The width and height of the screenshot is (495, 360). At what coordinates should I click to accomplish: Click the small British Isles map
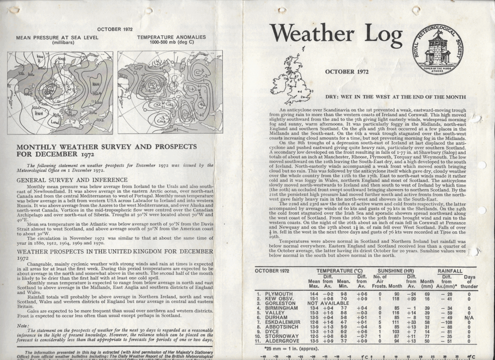pos(291,77)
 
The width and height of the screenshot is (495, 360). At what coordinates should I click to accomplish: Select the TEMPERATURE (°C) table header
pos(339,270)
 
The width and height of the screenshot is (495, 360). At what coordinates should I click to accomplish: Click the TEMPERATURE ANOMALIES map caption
pos(171,40)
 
